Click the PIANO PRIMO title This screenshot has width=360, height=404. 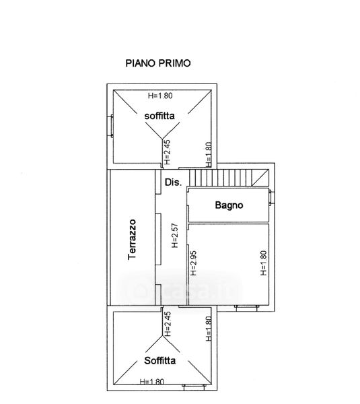pos(158,63)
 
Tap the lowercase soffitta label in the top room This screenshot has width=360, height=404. pos(159,116)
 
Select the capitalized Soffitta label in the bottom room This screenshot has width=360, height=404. pos(160,360)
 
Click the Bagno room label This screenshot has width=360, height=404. pos(229,205)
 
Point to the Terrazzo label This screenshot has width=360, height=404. pos(132,239)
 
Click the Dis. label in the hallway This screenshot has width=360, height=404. pos(173,182)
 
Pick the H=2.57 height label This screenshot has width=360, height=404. pos(175,236)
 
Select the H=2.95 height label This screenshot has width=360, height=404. pos(193,263)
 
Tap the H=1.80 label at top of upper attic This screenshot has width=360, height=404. pos(160,96)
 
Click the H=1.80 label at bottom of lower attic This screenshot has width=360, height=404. pos(152,382)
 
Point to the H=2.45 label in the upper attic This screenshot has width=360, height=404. pos(168,152)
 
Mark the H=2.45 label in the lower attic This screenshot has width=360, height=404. pos(168,324)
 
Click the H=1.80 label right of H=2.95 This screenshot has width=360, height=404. pos(264,263)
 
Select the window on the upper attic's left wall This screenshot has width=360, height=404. pos(112,126)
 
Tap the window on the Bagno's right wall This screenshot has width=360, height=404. pos(270,197)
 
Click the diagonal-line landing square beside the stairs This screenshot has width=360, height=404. pos(260,178)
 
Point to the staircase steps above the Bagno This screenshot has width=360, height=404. pos(221,178)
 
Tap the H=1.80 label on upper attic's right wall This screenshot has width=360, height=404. pos(209,155)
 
